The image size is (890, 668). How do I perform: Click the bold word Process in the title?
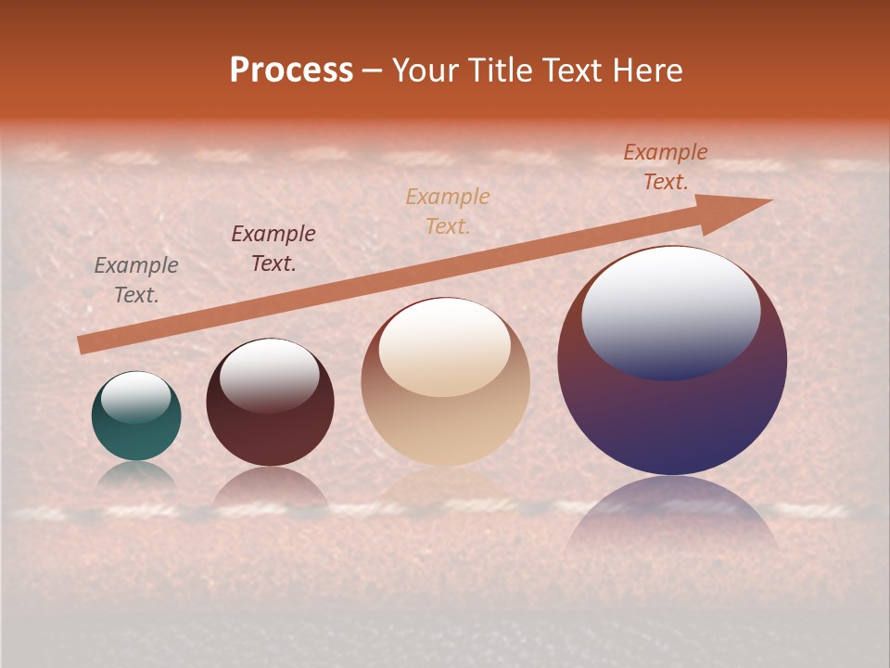[x=291, y=71]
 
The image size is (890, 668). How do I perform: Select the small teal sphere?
[x=136, y=417]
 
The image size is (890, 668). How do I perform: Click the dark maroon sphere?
[x=270, y=403]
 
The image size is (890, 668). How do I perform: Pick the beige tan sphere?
[x=445, y=381]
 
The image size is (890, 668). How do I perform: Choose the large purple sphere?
[x=672, y=361]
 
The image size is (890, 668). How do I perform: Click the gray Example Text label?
[x=136, y=280]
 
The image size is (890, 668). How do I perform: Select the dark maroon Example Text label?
[x=273, y=249]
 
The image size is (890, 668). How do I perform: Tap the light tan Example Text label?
[x=448, y=211]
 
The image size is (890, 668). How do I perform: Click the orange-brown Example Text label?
[x=666, y=167]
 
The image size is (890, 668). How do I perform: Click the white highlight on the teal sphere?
[x=135, y=396]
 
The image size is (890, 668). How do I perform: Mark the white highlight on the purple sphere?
[x=670, y=311]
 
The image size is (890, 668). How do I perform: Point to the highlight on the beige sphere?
[x=445, y=347]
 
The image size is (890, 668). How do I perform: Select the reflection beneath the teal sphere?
[x=136, y=475]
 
